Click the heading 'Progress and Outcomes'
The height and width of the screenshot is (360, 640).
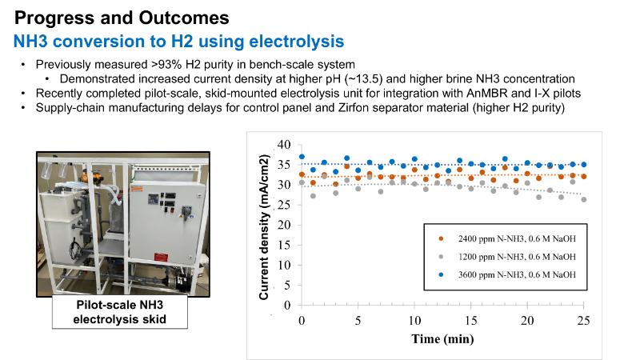tap(122, 18)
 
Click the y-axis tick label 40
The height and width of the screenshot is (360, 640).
tap(284, 145)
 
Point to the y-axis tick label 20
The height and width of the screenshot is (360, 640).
tap(284, 225)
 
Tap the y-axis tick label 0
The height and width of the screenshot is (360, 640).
tap(287, 306)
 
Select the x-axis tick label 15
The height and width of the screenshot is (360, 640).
tap(470, 321)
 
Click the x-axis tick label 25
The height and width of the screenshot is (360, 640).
tap(583, 321)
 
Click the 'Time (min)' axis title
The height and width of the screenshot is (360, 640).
tap(442, 338)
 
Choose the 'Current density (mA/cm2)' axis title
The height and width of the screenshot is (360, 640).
tap(264, 227)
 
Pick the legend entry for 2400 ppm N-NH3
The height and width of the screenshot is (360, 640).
tap(508, 238)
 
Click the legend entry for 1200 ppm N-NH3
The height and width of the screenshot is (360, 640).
tap(508, 257)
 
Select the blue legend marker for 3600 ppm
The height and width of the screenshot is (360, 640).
tap(441, 274)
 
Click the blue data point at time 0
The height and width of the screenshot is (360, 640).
tap(302, 157)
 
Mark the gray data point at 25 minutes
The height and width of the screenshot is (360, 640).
tap(584, 199)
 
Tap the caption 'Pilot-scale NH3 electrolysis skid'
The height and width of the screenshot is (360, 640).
tap(119, 312)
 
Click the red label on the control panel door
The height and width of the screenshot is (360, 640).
tap(161, 258)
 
